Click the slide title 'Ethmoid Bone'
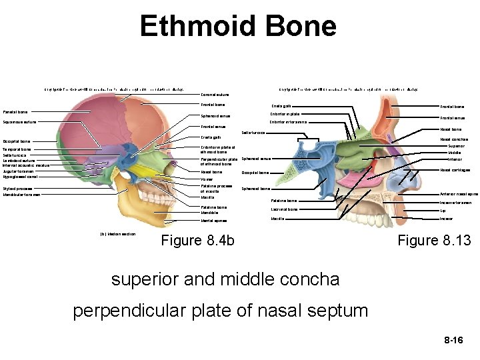point(238,27)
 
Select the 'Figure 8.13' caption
point(434,241)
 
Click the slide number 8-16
point(453,341)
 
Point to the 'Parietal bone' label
point(15,112)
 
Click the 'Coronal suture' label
point(215,94)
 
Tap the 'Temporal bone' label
point(17,149)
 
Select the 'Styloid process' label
point(18,189)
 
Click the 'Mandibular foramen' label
point(22,195)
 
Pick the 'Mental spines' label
point(214,221)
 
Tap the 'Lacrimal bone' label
point(284,209)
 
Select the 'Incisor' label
point(447,219)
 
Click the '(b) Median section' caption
point(117,234)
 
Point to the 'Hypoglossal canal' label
point(20,177)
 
